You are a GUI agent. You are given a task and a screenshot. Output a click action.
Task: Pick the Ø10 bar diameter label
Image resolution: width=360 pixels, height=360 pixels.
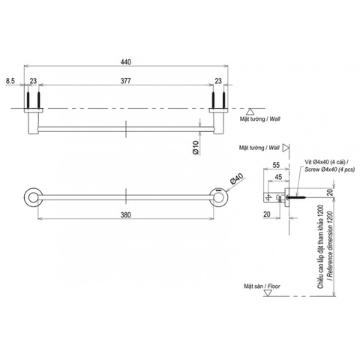(194, 148)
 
